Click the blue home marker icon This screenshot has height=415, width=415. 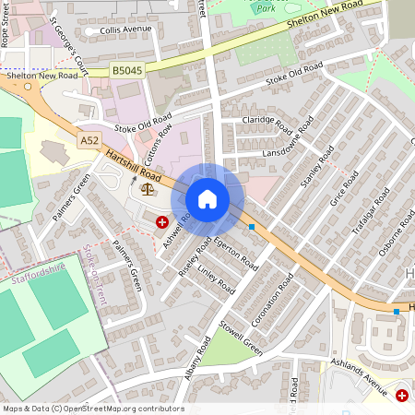(207, 199)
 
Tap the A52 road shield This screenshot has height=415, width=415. (89, 140)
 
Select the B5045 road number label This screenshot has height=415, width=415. (127, 69)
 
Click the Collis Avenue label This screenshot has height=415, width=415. (125, 30)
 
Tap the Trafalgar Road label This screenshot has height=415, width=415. (371, 211)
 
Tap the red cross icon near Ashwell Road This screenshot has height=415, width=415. (162, 222)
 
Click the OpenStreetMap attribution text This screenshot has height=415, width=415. (92, 409)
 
